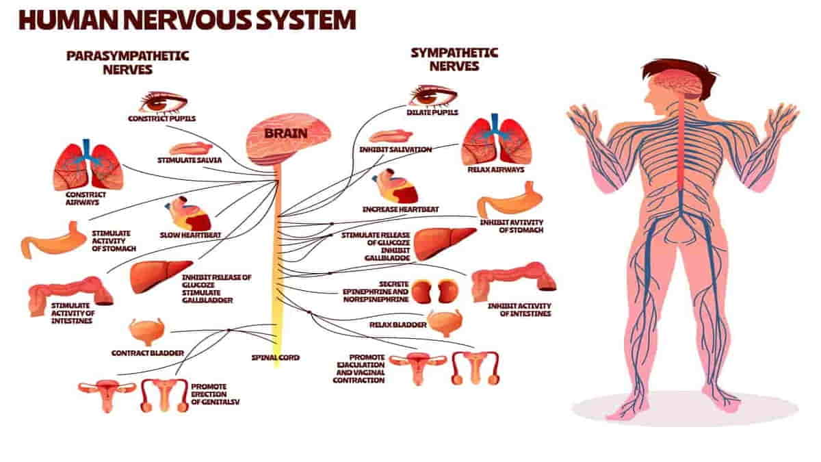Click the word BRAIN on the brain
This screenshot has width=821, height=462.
point(286,133)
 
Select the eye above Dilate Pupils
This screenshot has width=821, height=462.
point(433,96)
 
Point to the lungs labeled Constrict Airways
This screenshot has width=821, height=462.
point(88,165)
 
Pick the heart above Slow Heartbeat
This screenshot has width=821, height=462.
point(188,214)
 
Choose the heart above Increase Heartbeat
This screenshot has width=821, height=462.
point(395,186)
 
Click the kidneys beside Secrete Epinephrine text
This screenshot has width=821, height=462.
point(434,292)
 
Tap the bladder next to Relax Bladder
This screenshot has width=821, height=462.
point(445,322)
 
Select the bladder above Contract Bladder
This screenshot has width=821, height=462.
point(147,332)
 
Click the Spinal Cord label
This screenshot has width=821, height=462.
point(276,357)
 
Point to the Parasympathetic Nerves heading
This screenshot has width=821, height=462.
point(127,63)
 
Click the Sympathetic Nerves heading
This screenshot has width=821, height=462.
point(454,60)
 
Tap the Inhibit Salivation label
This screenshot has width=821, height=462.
point(395,150)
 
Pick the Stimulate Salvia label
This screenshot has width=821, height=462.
point(190,160)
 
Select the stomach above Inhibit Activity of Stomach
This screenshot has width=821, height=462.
point(510,200)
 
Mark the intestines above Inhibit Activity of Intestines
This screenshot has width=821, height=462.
point(514,281)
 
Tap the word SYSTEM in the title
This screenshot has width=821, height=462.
point(306,20)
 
